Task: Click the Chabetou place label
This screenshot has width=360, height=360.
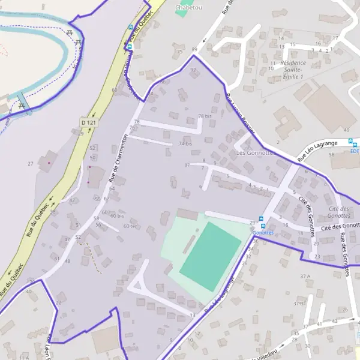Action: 188,8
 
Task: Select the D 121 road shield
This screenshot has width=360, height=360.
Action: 88,122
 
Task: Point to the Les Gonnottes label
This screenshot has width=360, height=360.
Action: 255,152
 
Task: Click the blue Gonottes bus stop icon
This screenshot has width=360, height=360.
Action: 261,218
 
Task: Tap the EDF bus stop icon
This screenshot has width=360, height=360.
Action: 354,143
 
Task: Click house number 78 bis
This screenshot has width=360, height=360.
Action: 205,116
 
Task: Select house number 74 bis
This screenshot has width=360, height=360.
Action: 185,143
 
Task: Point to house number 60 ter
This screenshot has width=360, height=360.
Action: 129,226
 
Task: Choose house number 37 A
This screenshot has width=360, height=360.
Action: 306,276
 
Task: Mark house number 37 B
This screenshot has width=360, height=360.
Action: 298,304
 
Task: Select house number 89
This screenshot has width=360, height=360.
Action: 194,49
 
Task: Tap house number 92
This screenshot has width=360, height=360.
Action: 193,70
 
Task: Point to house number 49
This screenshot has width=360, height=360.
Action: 346,130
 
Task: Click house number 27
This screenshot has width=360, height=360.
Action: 30,163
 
